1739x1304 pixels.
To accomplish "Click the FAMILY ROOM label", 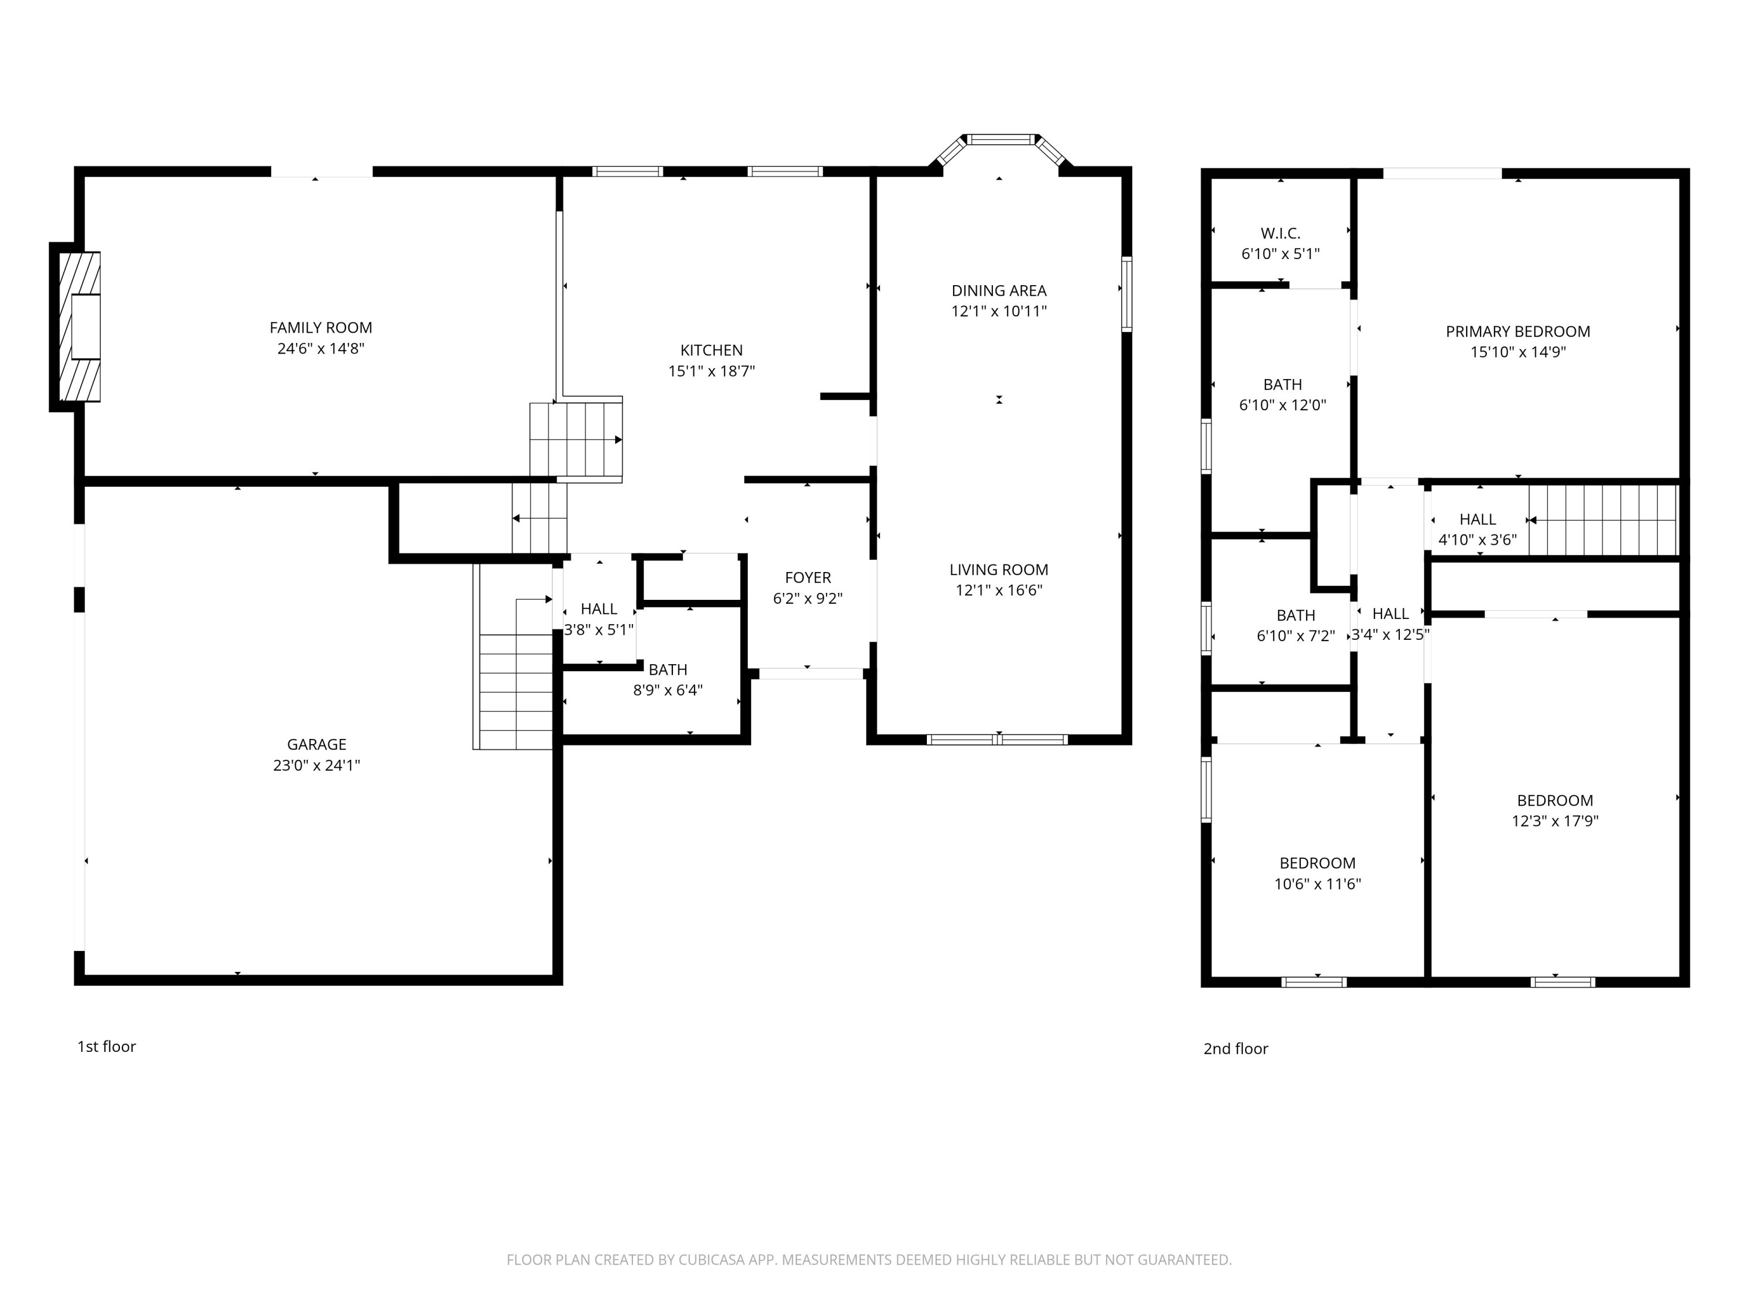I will (x=321, y=328).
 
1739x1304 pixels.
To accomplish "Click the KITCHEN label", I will (x=711, y=351).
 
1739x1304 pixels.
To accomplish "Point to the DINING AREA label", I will (x=998, y=291).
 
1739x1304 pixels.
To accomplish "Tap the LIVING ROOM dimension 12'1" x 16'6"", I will (x=998, y=591).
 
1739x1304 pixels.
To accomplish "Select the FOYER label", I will (x=807, y=578).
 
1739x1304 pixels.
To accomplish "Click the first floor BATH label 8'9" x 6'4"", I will (x=667, y=670).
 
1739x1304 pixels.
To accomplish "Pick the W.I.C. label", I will (x=1280, y=234).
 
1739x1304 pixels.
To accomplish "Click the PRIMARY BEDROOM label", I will (x=1518, y=332).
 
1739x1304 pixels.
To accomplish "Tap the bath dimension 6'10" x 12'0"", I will (x=1282, y=406).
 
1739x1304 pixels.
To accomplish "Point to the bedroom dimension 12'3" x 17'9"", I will (x=1554, y=821).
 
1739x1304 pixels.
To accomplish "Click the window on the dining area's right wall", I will (x=1126, y=294).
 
